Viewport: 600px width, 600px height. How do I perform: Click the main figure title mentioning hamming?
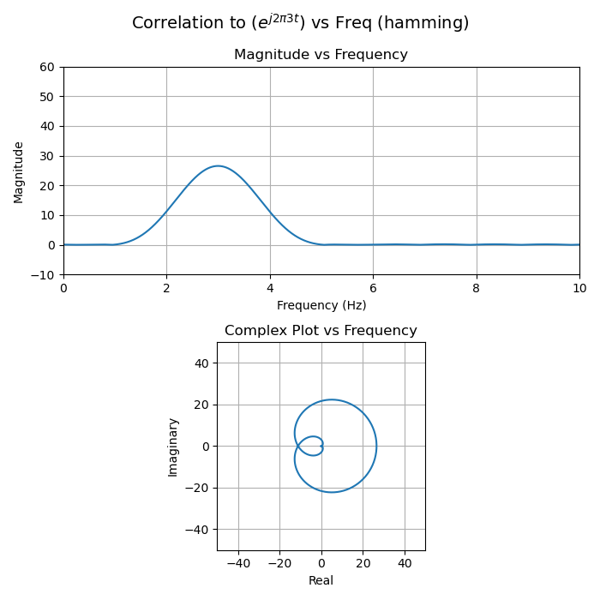coord(300,23)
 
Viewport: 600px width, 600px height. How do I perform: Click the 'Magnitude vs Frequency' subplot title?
coord(321,55)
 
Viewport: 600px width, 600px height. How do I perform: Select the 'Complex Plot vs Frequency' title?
coord(321,331)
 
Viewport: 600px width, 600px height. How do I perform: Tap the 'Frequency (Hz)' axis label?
coord(321,305)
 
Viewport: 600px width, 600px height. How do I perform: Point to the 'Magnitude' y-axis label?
coord(19,171)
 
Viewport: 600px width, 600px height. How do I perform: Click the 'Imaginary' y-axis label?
coord(173,447)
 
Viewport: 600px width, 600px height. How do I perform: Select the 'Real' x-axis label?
coord(321,580)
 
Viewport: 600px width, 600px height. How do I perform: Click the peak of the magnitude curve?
coord(218,166)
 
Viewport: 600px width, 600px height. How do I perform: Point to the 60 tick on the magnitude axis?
coord(46,67)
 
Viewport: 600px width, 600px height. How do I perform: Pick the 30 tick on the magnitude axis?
coord(46,156)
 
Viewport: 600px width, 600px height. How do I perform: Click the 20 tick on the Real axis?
coord(363,563)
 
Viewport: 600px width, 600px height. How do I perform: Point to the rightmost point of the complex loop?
coord(376,446)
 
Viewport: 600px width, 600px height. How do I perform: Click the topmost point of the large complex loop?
coord(332,399)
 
